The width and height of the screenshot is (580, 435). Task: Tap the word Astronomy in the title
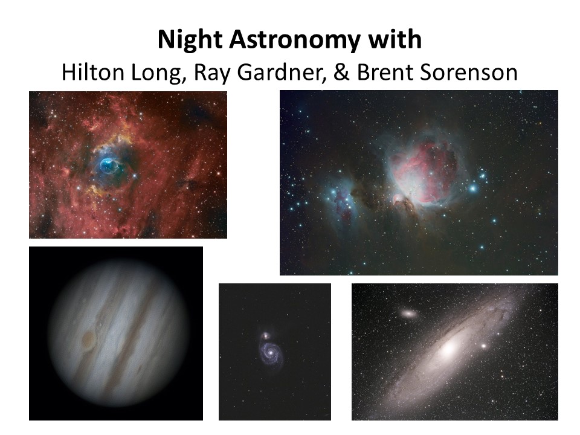(x=294, y=40)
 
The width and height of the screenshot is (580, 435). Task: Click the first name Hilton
(x=93, y=72)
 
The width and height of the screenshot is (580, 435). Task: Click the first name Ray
(x=212, y=73)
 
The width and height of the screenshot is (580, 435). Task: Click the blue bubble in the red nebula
(x=109, y=166)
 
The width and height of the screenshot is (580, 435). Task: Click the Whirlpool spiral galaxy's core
(x=271, y=352)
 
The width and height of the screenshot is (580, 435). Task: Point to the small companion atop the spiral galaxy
(x=265, y=336)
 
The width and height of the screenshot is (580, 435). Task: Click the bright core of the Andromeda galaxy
(x=449, y=349)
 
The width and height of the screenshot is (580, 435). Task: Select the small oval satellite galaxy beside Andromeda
(x=408, y=314)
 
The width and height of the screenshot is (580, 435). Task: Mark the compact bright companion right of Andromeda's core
(x=483, y=346)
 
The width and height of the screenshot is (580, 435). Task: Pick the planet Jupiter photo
(x=116, y=333)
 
